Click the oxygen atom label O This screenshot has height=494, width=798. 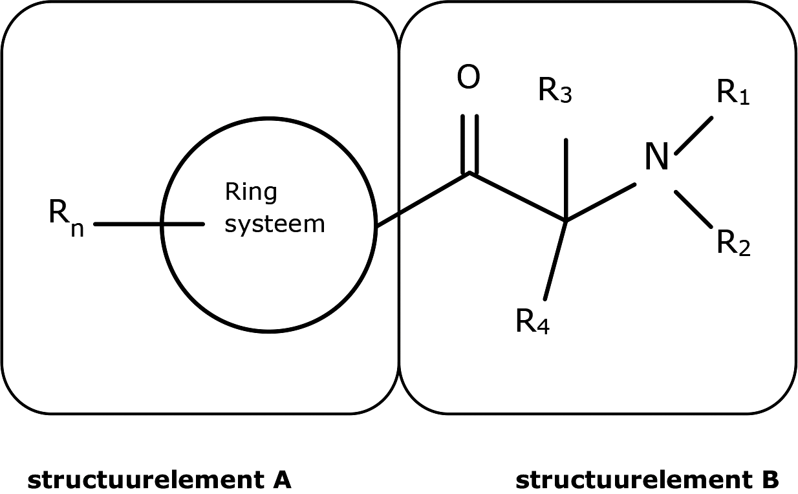click(469, 78)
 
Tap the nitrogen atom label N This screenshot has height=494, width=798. click(656, 158)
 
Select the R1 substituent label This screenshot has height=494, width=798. click(733, 94)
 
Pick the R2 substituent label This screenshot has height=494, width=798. click(733, 244)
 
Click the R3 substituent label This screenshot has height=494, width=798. click(555, 92)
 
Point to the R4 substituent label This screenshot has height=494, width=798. click(532, 321)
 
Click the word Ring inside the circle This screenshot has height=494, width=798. click(251, 192)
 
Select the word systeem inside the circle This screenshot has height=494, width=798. click(274, 224)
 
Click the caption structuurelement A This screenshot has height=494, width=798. click(159, 480)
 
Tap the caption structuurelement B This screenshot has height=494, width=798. click(647, 480)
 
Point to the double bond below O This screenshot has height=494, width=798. click(470, 144)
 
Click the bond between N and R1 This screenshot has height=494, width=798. click(693, 136)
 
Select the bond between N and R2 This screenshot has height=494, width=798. click(693, 209)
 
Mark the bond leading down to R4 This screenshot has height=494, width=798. click(555, 261)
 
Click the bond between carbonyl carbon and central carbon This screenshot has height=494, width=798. click(518, 197)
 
